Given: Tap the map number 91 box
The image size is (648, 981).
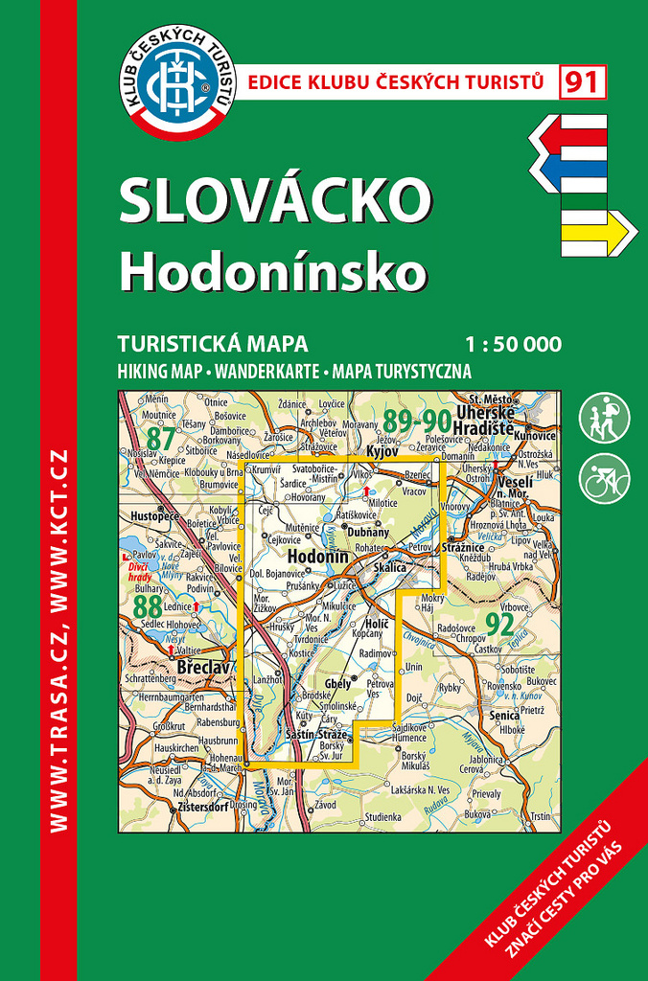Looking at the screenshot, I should click(582, 82).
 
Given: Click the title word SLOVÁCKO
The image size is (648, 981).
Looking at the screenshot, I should click(275, 200).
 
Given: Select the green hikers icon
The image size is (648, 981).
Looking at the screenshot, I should click(604, 418).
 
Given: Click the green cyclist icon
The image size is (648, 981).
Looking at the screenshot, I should click(604, 477).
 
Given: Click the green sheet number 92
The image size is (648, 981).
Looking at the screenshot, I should click(499, 625).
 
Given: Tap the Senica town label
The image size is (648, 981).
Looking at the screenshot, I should click(503, 716).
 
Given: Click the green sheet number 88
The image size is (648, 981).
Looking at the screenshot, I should click(147, 606).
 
